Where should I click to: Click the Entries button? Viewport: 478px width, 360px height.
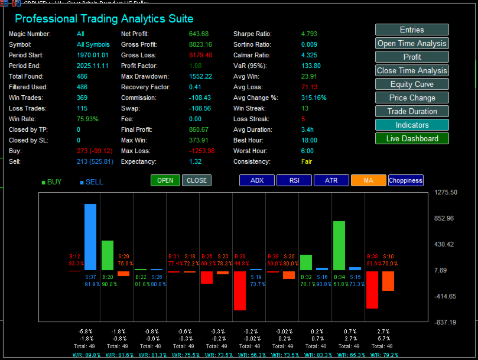click(412, 30)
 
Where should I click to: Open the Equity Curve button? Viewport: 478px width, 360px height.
click(412, 84)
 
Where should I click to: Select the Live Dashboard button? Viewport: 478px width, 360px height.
click(412, 138)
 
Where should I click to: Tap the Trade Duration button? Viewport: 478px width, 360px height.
click(412, 111)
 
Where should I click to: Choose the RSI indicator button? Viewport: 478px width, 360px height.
click(294, 180)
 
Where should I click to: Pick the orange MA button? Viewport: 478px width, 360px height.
click(368, 180)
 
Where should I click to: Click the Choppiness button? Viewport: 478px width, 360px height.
click(406, 180)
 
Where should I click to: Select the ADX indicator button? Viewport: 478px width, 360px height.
click(257, 180)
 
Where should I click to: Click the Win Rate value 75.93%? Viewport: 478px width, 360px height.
click(88, 119)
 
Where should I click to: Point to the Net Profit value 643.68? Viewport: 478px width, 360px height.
click(199, 34)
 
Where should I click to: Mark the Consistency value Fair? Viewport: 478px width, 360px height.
click(307, 161)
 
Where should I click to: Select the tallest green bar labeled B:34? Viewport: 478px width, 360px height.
click(339, 245)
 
